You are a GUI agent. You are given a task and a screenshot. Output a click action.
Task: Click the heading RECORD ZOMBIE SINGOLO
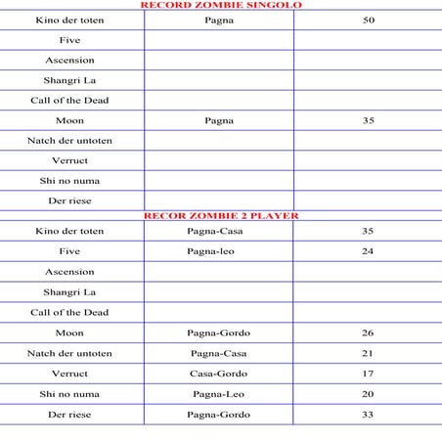(x=220, y=5)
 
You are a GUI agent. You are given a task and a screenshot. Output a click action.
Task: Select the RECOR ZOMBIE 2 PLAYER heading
(x=220, y=214)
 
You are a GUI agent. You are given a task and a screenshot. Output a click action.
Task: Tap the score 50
(x=368, y=20)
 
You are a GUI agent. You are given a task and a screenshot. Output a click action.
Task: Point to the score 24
(x=368, y=251)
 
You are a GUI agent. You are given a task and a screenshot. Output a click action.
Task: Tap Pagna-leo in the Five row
(x=219, y=251)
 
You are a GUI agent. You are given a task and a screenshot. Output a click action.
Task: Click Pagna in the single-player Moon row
(x=219, y=120)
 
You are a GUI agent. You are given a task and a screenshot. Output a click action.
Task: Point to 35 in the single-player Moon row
(x=368, y=120)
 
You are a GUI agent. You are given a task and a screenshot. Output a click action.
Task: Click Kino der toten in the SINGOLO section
(x=69, y=20)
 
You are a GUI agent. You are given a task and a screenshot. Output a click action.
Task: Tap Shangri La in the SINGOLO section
(x=69, y=80)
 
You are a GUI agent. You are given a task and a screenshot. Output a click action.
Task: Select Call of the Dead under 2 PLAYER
(x=69, y=312)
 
